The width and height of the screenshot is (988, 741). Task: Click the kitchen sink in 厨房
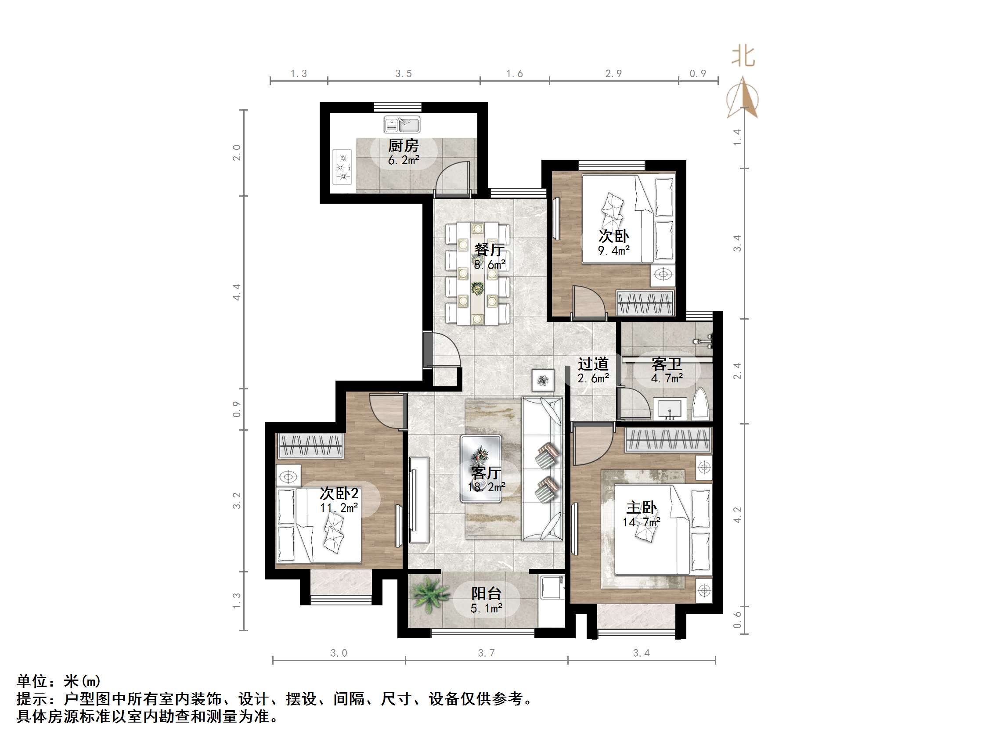(x=402, y=124)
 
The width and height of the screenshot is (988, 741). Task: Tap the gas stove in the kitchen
(x=343, y=167)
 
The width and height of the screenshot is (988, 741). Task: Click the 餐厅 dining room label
(x=490, y=249)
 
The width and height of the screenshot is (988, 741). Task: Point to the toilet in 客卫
(x=700, y=404)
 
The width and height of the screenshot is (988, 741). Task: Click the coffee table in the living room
(x=481, y=468)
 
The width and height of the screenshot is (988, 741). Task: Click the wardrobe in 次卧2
(x=310, y=445)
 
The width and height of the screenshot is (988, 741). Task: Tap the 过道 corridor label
(x=593, y=364)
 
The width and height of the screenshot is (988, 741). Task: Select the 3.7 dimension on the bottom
(x=487, y=653)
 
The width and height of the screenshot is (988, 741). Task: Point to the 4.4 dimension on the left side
(x=237, y=291)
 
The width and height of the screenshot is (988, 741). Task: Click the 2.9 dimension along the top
(x=613, y=74)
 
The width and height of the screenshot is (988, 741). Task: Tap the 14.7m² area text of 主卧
(x=642, y=522)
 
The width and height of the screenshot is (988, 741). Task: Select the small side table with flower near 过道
(x=543, y=381)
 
